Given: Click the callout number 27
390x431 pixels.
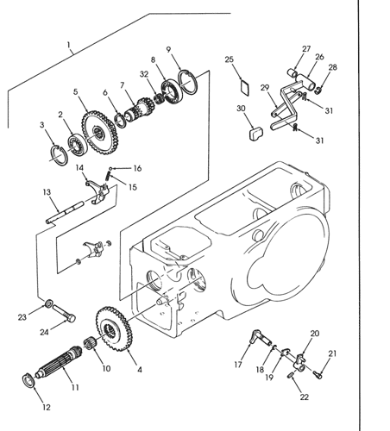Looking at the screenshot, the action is (306, 49).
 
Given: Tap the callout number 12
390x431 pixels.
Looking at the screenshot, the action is (47, 407).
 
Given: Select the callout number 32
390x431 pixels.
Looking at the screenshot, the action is (144, 74).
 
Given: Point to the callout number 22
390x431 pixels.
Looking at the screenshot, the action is (304, 397).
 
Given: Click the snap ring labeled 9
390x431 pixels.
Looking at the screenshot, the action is (188, 82).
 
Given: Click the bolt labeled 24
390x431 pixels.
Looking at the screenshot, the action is (64, 313).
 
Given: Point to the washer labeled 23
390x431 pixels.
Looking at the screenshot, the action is (49, 303).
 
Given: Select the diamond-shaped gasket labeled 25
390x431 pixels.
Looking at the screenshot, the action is (245, 87).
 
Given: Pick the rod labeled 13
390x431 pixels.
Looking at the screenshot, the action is (65, 213).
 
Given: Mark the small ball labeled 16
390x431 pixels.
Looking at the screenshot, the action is (110, 168).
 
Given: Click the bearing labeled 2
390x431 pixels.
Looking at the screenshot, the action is (77, 145).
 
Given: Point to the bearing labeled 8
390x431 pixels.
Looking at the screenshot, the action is (172, 91).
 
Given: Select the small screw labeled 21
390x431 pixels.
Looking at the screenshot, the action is (318, 374).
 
